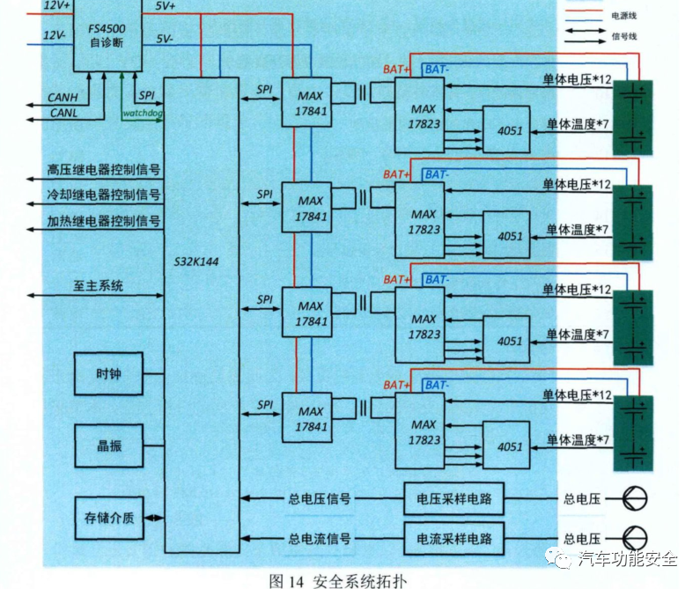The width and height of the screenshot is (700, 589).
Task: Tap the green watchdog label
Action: click(x=144, y=113)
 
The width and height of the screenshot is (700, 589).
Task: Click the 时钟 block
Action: click(x=107, y=374)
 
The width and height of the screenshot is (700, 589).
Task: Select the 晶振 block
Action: click(x=107, y=445)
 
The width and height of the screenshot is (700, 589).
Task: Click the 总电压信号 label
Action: click(x=320, y=499)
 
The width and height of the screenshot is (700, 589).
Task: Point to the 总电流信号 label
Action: click(x=320, y=538)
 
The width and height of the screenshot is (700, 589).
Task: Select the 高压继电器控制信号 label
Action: click(x=104, y=170)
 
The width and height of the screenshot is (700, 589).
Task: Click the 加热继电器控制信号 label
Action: click(x=104, y=221)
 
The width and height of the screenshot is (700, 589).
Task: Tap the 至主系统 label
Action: click(x=98, y=285)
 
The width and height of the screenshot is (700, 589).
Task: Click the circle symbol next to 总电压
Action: click(x=635, y=499)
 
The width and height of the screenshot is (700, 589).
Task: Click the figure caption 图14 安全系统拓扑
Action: click(x=338, y=579)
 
